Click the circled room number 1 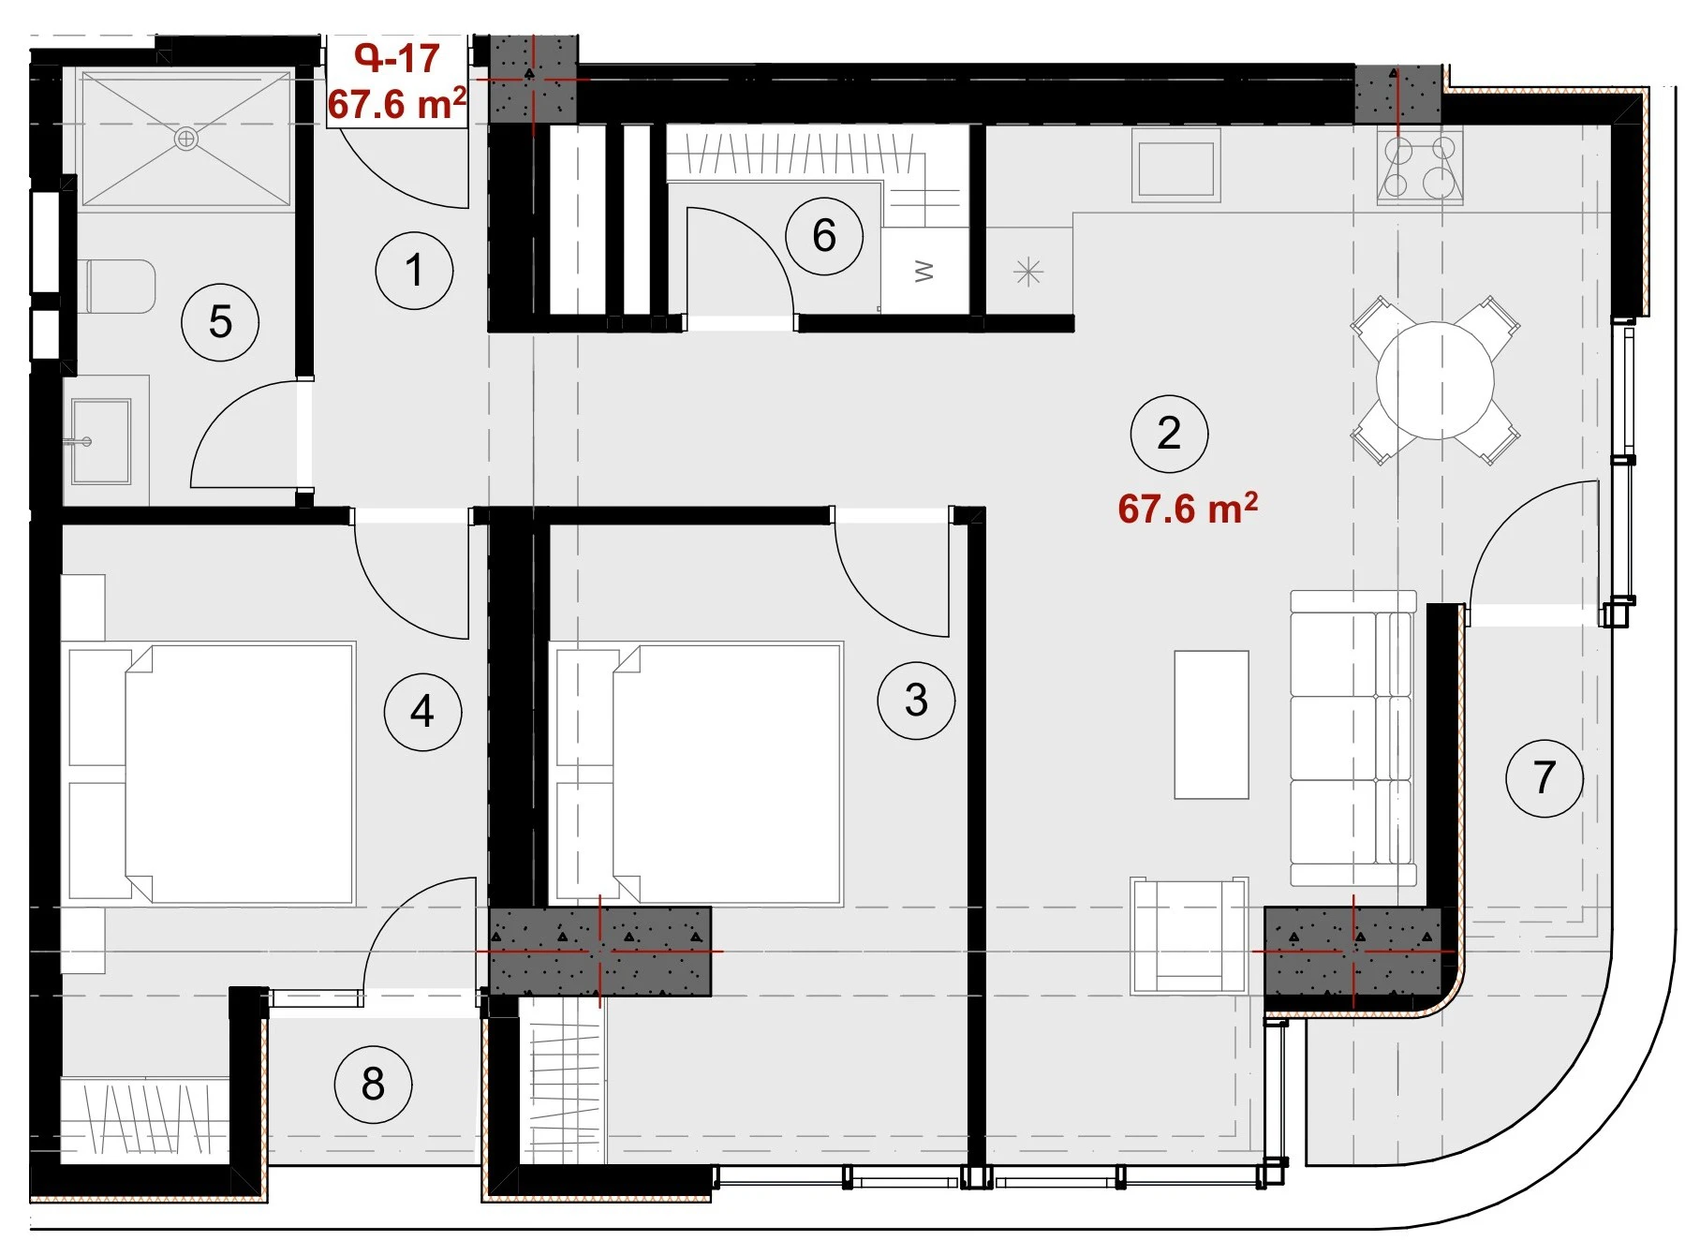point(414,272)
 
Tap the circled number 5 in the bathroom point(220,322)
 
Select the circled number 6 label point(824,235)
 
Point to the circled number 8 point(373,1085)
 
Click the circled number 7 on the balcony point(1545,777)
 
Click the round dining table point(1435,380)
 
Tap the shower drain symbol point(186,140)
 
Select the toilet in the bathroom point(121,287)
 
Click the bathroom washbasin point(100,441)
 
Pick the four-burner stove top point(1420,167)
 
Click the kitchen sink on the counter point(1175,166)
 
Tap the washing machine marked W point(924,271)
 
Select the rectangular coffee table point(1211,725)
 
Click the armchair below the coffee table point(1189,936)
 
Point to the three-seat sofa point(1352,738)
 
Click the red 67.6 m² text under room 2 point(1188,509)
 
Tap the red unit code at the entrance point(397,59)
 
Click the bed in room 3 point(700,773)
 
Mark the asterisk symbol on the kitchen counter point(1028,273)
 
